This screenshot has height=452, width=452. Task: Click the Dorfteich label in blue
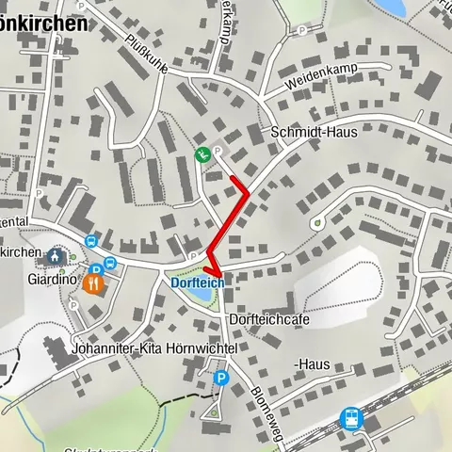pyautogui.click(x=198, y=282)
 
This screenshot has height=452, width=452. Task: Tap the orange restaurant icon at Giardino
pyautogui.click(x=93, y=282)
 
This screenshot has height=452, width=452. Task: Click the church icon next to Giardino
pyautogui.click(x=55, y=256)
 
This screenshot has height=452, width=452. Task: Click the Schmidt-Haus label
pyautogui.click(x=314, y=133)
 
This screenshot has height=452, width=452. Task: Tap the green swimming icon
pyautogui.click(x=202, y=154)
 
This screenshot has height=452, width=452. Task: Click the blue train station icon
pyautogui.click(x=351, y=418)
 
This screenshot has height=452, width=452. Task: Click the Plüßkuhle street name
pyautogui.click(x=147, y=55)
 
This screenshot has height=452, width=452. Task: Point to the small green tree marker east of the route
pyautogui.click(x=318, y=223)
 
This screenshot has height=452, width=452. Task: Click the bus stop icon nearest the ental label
pyautogui.click(x=91, y=241)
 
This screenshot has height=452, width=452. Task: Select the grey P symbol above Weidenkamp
pyautogui.click(x=301, y=30)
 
